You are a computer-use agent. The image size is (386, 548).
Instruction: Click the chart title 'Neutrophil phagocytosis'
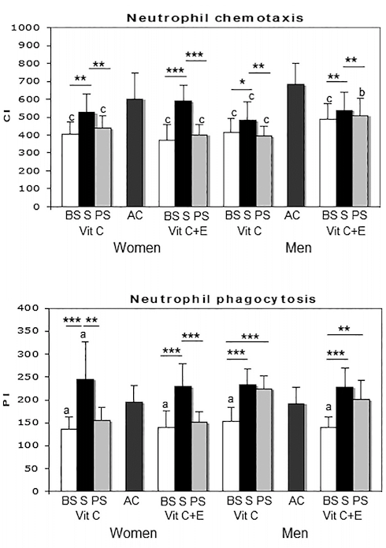click(202, 299)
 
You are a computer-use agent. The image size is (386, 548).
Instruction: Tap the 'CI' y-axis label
click(9, 117)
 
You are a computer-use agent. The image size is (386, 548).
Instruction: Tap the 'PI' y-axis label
click(9, 400)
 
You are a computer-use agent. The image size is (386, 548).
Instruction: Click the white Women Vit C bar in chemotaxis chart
click(70, 170)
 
